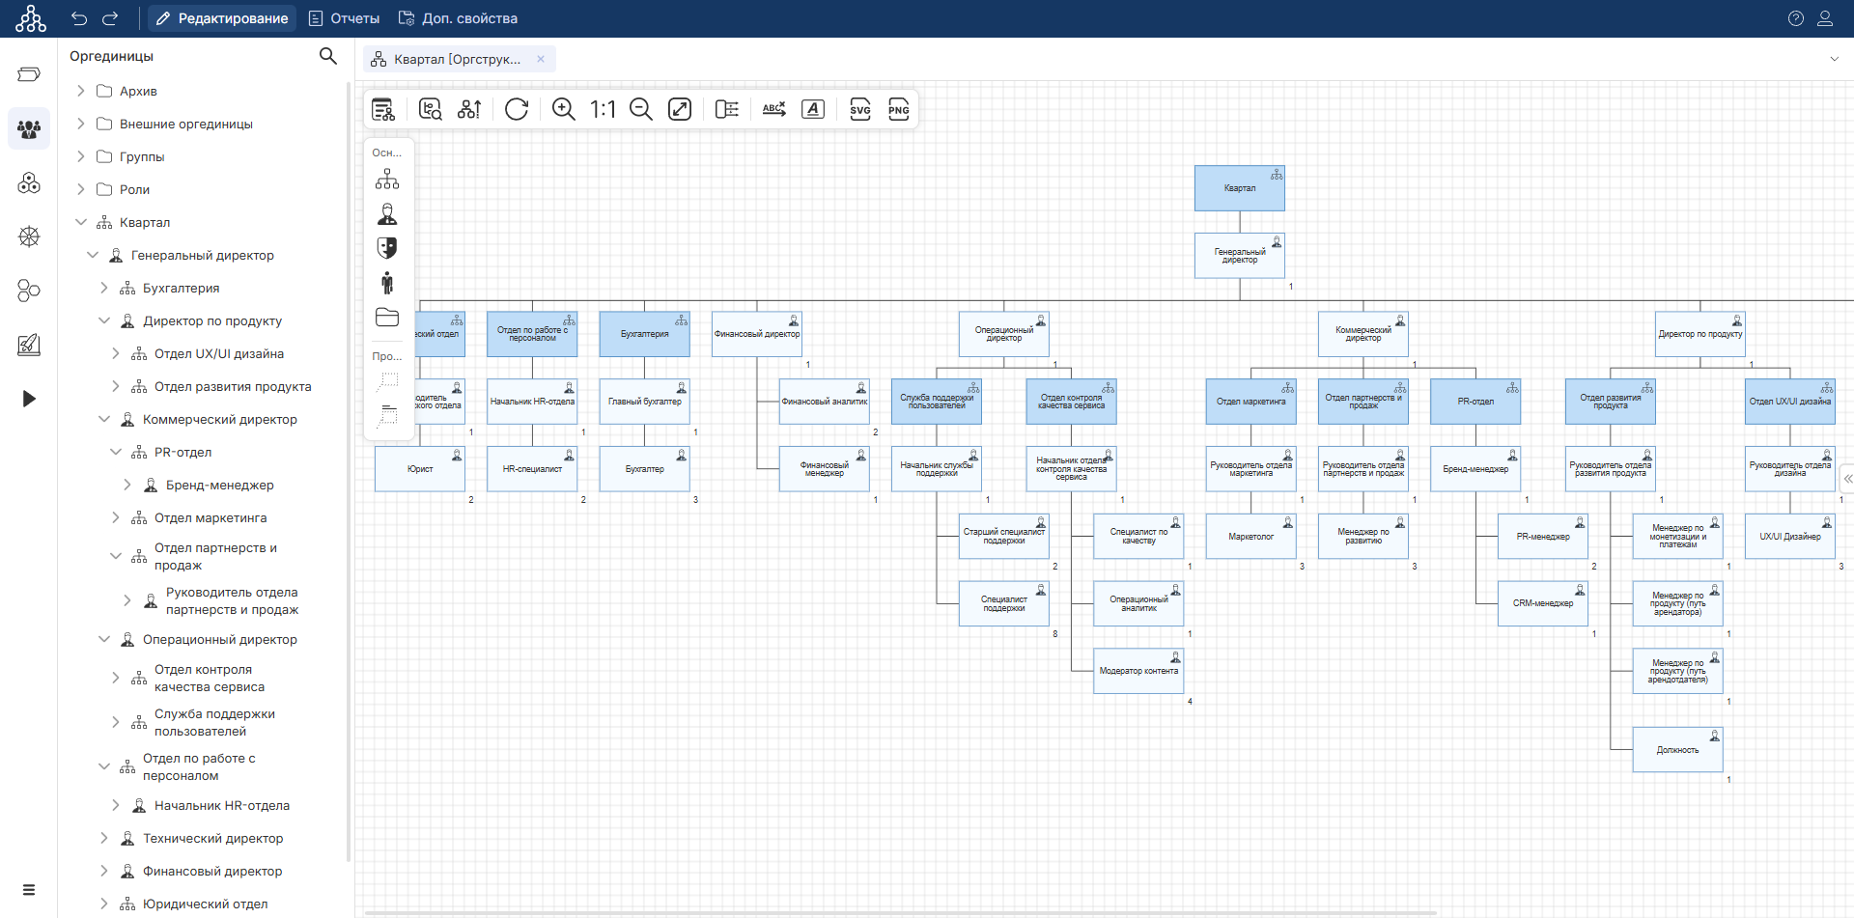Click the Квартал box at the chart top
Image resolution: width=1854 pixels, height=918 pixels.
1239,188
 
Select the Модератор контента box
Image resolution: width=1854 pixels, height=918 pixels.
1138,671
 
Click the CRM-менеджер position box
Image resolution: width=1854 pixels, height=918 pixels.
1542,603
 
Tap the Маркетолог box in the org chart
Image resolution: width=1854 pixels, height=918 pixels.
1250,537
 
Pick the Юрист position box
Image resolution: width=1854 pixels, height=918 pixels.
420,469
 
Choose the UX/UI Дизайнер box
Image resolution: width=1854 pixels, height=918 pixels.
1789,537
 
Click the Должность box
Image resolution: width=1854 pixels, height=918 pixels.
1677,750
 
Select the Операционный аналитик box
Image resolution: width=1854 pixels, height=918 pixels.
1138,603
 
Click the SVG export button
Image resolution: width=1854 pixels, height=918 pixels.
859,109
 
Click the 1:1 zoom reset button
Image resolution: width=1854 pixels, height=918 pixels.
603,109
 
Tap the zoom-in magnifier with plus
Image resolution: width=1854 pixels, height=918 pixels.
563,109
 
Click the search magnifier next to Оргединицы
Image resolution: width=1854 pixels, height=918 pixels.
328,56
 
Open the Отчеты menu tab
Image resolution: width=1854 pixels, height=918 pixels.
344,18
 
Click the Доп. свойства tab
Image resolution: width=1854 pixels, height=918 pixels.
459,18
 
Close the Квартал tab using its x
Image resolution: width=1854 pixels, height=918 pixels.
541,59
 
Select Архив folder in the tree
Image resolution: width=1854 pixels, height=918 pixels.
138,91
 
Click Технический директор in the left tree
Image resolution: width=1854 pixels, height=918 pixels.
212,838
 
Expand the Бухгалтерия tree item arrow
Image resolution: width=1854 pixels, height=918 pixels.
104,288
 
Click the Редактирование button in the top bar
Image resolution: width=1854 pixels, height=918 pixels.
222,18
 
